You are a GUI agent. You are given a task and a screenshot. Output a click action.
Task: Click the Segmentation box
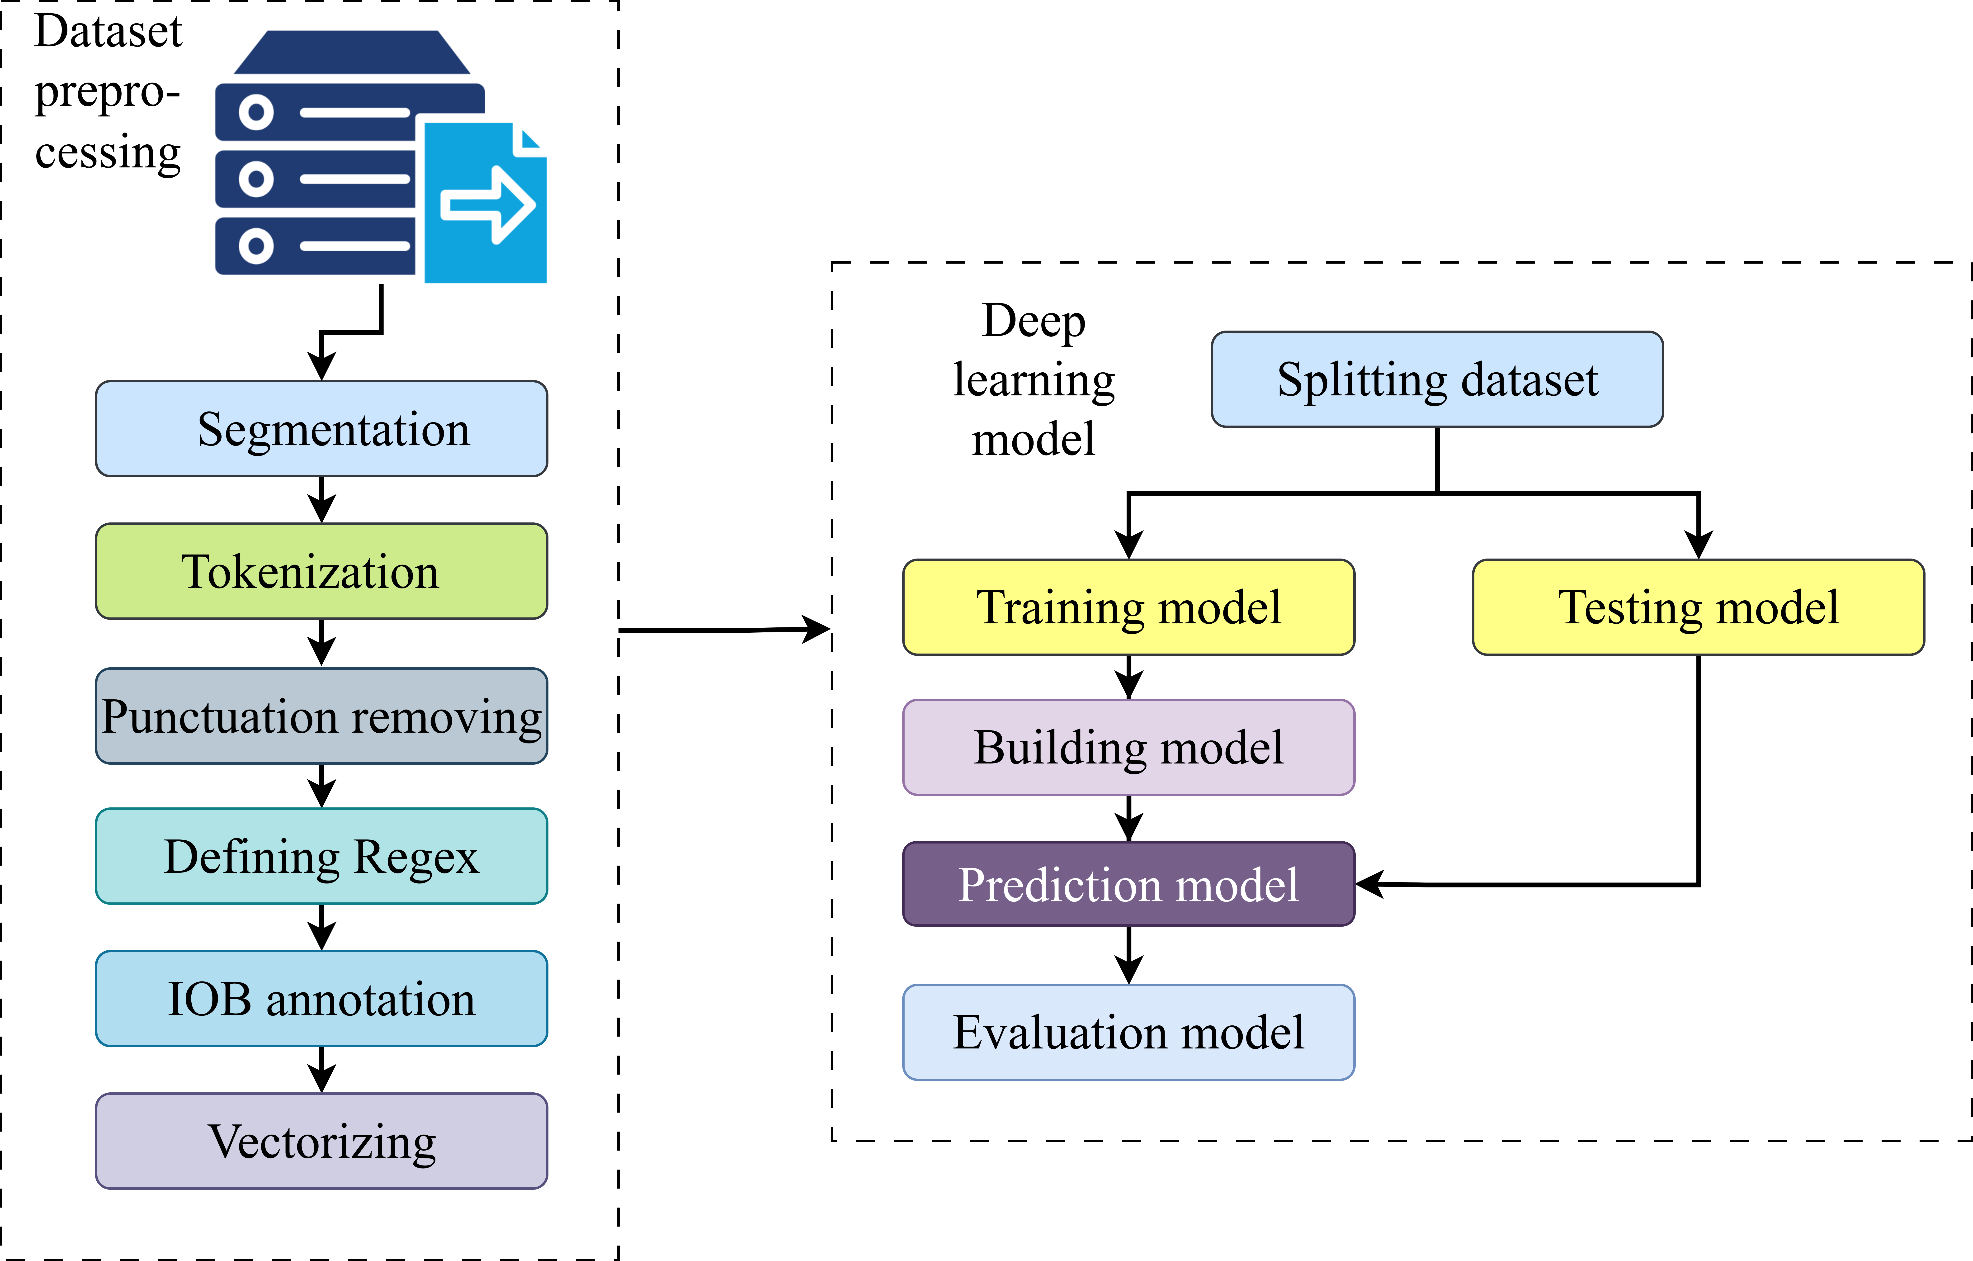click(321, 429)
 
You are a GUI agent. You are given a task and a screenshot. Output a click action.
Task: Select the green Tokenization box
click(321, 571)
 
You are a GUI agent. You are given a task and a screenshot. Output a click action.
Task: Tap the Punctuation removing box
click(321, 716)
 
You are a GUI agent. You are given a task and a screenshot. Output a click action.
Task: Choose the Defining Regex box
click(321, 856)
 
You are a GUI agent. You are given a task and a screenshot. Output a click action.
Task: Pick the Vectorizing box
click(321, 1141)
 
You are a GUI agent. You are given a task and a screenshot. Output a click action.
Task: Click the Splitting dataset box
click(1437, 379)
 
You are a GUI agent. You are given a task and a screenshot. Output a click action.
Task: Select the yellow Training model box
click(1128, 607)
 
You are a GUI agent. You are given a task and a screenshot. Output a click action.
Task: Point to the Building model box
click(1128, 747)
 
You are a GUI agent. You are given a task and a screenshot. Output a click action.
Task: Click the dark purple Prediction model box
click(1128, 884)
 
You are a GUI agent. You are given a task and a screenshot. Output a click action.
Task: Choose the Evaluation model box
click(1128, 1032)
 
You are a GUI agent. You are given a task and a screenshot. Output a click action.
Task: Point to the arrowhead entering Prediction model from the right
click(1370, 884)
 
